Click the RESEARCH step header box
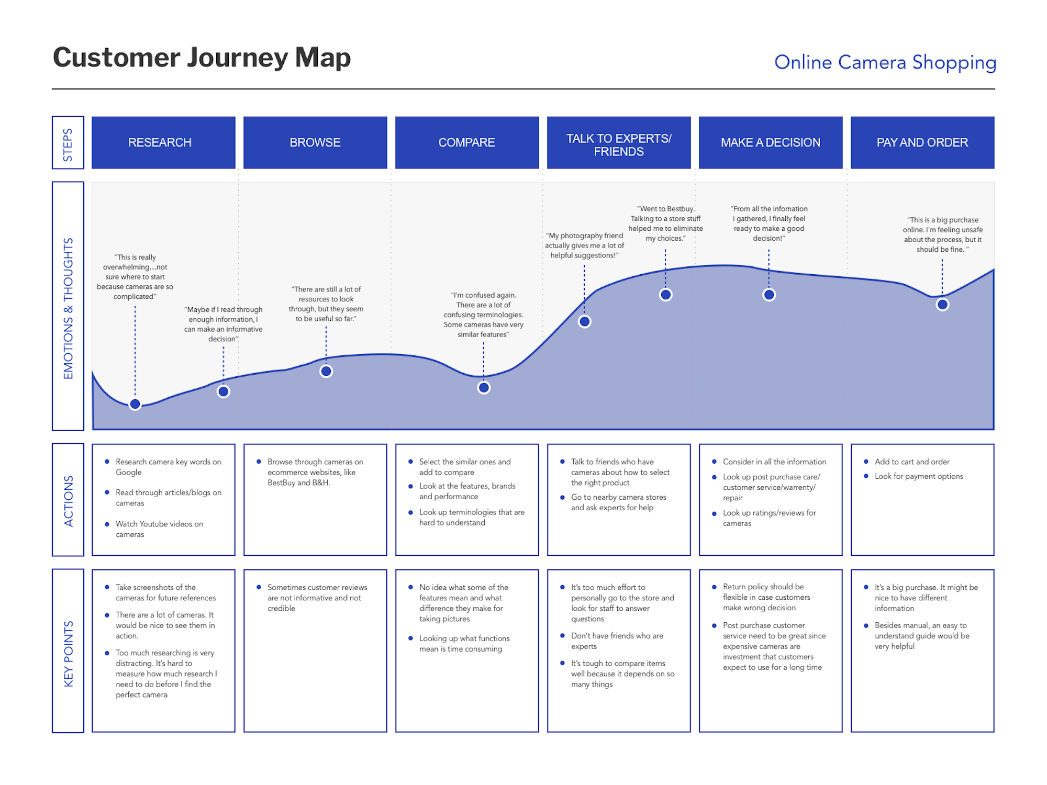pos(163,142)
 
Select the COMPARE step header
pos(466,142)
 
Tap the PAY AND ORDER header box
pos(922,142)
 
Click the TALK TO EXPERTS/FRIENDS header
pos(618,145)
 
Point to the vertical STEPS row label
pos(68,143)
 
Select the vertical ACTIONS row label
pos(68,500)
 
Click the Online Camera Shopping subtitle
pos(885,62)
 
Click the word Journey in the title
pos(238,58)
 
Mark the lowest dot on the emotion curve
pos(135,404)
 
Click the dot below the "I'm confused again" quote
pos(484,388)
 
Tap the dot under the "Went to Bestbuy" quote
pos(665,295)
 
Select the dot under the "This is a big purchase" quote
pos(942,305)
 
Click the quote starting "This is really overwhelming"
pos(135,277)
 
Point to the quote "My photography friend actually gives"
pos(584,245)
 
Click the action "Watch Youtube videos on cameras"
pos(159,529)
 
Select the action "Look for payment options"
pos(918,476)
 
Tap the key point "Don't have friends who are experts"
pos(617,641)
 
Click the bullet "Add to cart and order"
pos(911,462)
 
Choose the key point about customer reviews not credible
pos(317,598)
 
